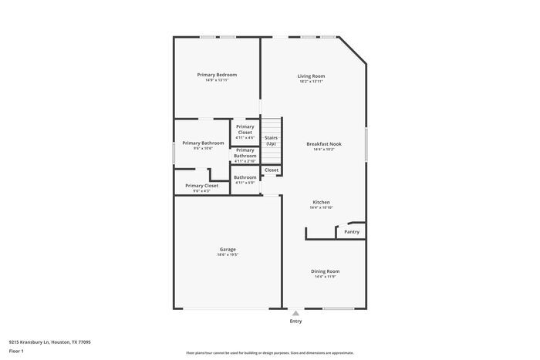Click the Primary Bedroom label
(x=217, y=75)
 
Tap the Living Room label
(x=311, y=76)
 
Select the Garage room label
(x=228, y=249)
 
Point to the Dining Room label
(x=325, y=271)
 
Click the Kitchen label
(x=321, y=202)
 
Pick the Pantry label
(x=352, y=231)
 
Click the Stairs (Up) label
(x=271, y=140)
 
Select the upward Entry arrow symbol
(x=295, y=313)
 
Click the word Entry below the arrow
(x=295, y=321)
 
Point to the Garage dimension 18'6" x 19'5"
(x=228, y=254)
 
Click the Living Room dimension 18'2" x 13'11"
(x=311, y=81)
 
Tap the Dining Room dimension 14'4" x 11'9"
(x=325, y=276)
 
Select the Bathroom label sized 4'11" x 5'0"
(x=245, y=177)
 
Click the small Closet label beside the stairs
(x=272, y=170)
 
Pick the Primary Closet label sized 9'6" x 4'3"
(x=201, y=186)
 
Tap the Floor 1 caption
(x=17, y=351)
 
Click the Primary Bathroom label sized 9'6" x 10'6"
(x=203, y=143)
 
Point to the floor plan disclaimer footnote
(x=269, y=352)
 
